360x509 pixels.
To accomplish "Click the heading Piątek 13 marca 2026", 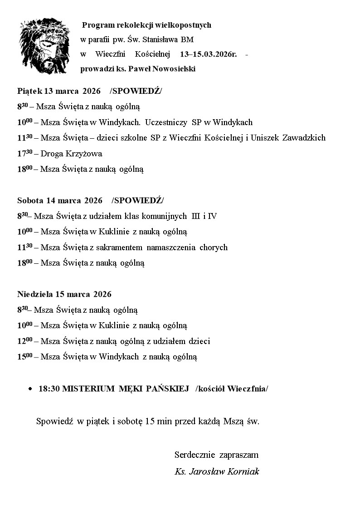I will (x=59, y=91).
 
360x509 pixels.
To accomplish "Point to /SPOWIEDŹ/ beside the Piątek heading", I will (x=136, y=91).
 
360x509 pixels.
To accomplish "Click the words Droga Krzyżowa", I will (x=71, y=154).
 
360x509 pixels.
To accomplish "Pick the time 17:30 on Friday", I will (x=24, y=154).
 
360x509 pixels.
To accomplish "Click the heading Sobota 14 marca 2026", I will (x=60, y=200).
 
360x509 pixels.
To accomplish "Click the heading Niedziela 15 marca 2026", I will (x=64, y=294).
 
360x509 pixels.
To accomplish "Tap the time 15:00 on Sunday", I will (x=24, y=357).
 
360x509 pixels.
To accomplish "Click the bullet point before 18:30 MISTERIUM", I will (x=30, y=389).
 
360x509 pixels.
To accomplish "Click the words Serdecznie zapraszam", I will (x=216, y=455).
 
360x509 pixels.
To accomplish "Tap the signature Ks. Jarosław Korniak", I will (x=217, y=471).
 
